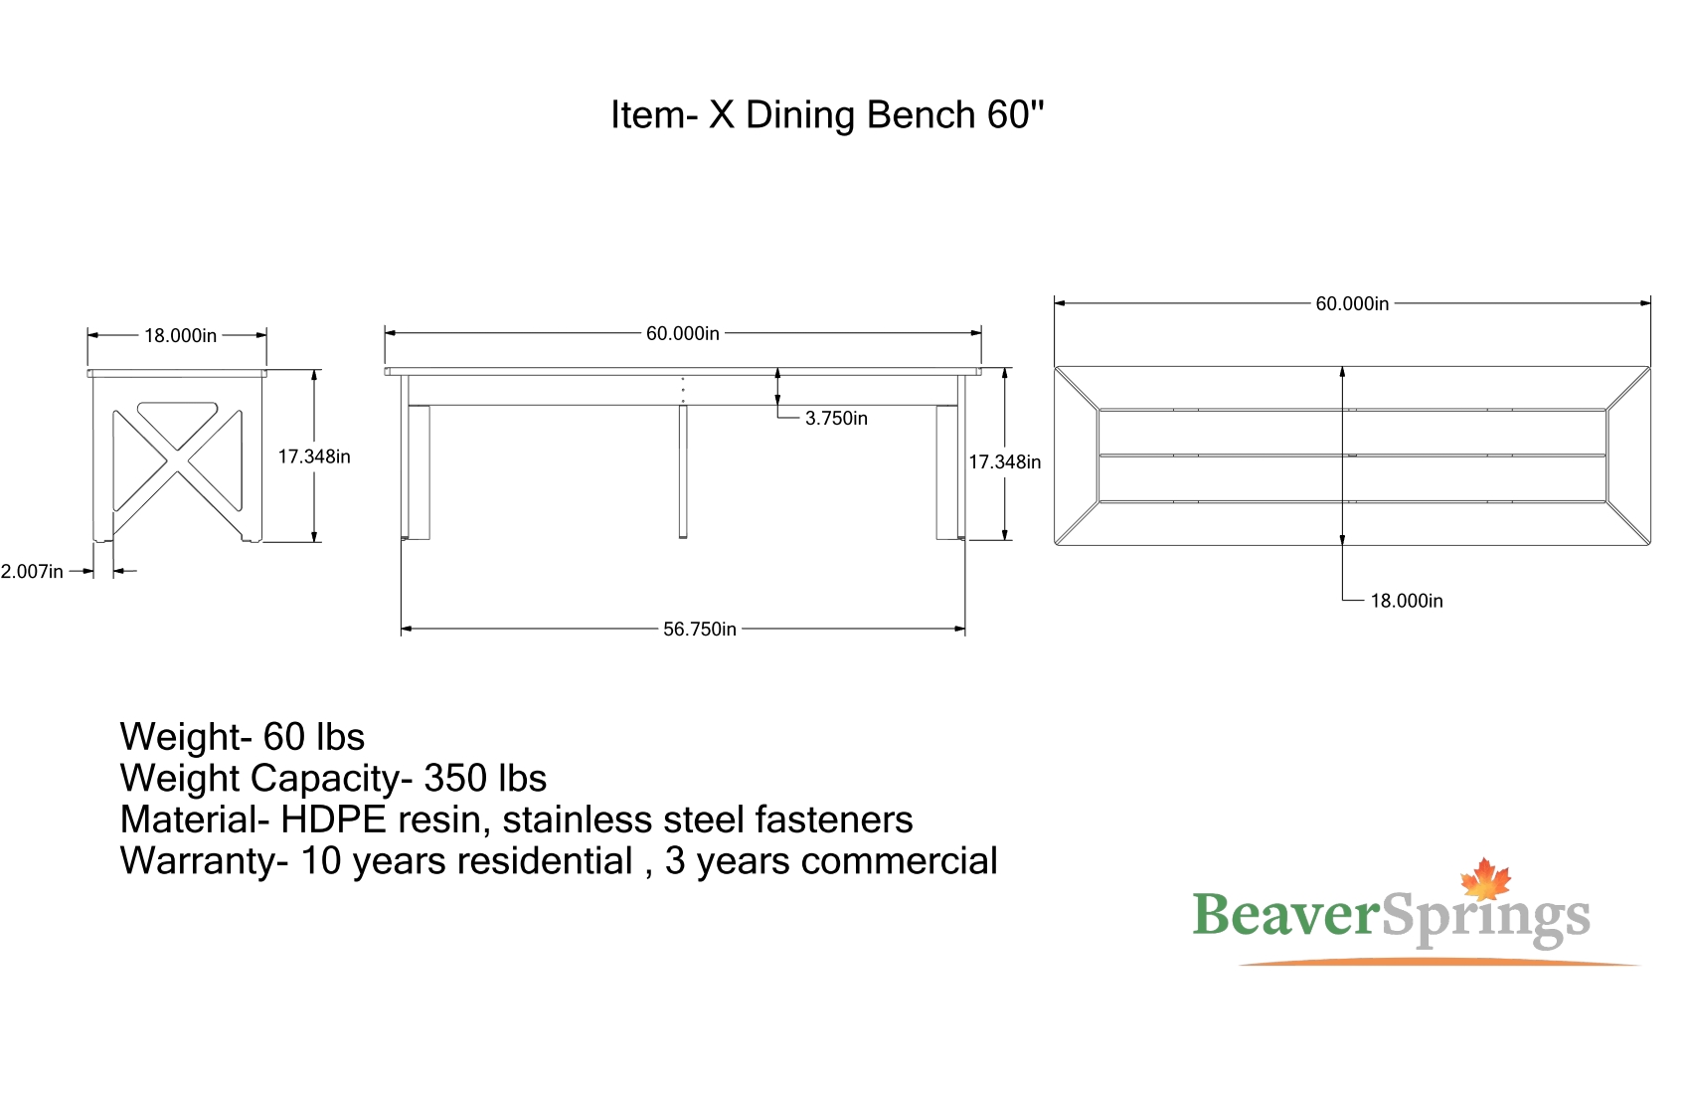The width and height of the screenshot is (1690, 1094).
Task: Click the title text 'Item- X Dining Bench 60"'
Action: [x=827, y=115]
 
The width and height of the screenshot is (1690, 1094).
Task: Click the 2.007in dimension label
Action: [x=32, y=572]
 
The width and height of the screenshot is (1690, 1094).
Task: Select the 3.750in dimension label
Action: [x=836, y=419]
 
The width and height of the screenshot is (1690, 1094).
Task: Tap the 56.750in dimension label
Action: [x=700, y=629]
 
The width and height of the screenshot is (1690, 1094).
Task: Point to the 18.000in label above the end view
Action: [x=180, y=335]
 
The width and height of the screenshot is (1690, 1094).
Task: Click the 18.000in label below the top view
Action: [x=1407, y=601]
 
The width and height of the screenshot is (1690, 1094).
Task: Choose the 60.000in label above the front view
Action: [x=683, y=334]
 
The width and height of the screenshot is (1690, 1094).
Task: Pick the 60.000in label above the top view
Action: [x=1352, y=303]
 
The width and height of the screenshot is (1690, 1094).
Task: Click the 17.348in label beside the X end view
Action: [x=314, y=456]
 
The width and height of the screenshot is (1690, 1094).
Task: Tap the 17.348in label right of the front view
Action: [x=1005, y=462]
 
